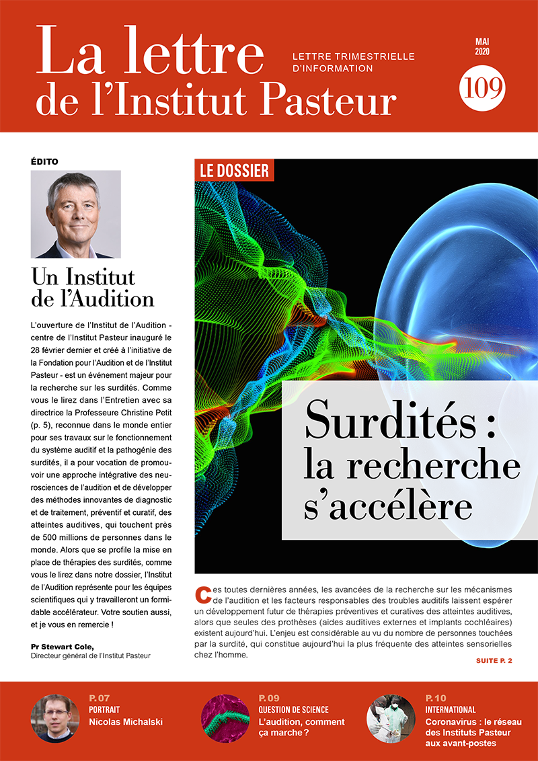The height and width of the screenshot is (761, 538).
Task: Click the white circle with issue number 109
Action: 482,88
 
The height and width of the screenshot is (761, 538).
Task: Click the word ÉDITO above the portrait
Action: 44,161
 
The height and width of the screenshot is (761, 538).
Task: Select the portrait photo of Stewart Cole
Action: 76,214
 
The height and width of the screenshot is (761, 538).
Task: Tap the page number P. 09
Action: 268,698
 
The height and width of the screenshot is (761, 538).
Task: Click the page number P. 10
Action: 436,698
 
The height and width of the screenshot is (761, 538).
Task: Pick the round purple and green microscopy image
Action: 226,718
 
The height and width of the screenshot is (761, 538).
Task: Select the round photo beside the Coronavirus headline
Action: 391,718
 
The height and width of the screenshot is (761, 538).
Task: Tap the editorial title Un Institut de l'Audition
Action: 93,287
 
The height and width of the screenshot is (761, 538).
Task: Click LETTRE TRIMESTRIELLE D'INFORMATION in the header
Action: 353,62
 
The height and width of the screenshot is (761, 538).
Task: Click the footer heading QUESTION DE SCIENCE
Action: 293,709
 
